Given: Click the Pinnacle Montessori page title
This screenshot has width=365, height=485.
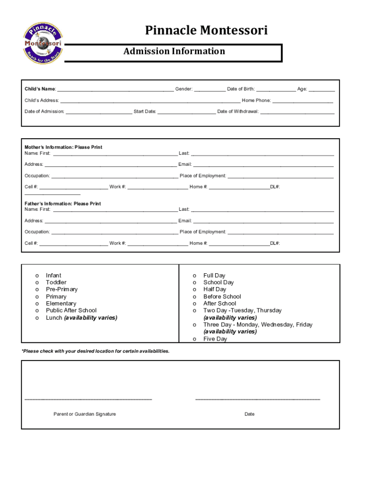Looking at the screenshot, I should (x=206, y=31).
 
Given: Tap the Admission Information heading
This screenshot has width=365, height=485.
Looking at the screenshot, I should (x=174, y=51).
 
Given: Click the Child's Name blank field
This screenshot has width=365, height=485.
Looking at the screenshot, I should (x=115, y=90).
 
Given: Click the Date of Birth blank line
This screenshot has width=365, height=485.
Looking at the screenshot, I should (x=276, y=90).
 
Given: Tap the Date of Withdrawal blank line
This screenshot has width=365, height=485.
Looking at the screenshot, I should (x=297, y=112).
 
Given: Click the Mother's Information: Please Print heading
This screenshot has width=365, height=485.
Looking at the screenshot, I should (x=64, y=147).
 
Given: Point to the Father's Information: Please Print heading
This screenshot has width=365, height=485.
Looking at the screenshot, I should (x=63, y=204).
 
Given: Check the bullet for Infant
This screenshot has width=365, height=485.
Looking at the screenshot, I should (x=36, y=276).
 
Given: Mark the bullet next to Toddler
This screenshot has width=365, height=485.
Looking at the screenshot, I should (x=36, y=283).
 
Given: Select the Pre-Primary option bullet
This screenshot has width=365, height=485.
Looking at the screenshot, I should (x=36, y=289).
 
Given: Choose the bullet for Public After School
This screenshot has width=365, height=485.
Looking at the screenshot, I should (x=36, y=311).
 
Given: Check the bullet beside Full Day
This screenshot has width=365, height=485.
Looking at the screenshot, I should (x=194, y=276).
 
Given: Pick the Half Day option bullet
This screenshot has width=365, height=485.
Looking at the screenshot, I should (x=194, y=289).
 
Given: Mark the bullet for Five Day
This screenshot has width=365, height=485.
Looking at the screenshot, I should (x=194, y=339).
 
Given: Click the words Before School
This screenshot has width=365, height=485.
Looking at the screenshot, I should (x=222, y=296).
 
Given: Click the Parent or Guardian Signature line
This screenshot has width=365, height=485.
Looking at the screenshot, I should (x=88, y=399).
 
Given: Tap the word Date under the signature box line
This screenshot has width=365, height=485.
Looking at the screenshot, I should (x=249, y=414).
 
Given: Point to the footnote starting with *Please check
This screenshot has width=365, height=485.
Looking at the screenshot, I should (x=95, y=351).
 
